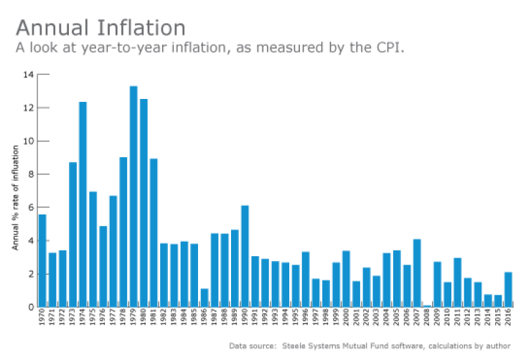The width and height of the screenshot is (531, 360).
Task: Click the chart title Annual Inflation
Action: pyautogui.click(x=100, y=28)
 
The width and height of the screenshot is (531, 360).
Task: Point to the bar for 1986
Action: pyautogui.click(x=205, y=298)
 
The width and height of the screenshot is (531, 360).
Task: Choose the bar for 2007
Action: pyautogui.click(x=417, y=273)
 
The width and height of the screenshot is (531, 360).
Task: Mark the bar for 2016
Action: pyautogui.click(x=508, y=290)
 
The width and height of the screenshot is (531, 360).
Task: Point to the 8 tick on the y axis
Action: pyautogui.click(x=30, y=174)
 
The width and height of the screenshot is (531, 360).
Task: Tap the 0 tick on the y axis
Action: pyautogui.click(x=30, y=307)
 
